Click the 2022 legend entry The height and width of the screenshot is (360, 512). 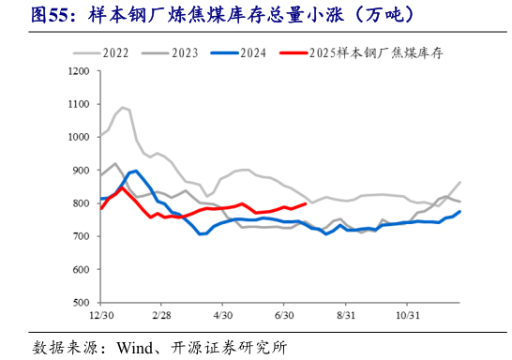click(113, 53)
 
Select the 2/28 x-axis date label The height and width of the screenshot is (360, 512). click(160, 316)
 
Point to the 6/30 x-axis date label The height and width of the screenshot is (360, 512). click(284, 316)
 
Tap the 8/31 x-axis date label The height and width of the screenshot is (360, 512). click(346, 316)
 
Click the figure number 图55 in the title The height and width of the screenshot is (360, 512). click(47, 16)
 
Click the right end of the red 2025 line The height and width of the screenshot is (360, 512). click(307, 203)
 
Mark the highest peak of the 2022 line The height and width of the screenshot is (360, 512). click(123, 108)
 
